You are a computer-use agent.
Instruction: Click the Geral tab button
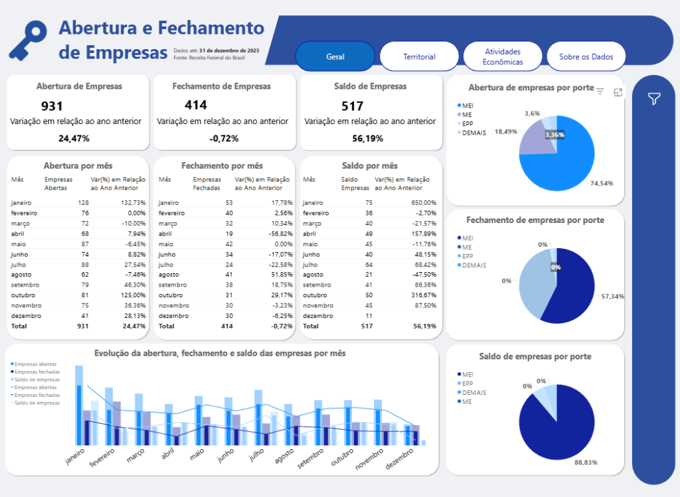[335, 56]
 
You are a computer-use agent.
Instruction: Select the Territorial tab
[419, 56]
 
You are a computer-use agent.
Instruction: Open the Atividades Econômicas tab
[503, 56]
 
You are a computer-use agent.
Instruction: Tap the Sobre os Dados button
[586, 56]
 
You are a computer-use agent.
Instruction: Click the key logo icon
[28, 39]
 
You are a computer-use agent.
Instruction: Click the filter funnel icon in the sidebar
[654, 99]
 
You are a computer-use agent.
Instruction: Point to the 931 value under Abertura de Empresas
[52, 106]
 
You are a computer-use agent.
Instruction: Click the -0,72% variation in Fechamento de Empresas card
[224, 139]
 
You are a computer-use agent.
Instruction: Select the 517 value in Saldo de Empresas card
[352, 106]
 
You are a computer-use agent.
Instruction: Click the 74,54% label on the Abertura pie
[601, 183]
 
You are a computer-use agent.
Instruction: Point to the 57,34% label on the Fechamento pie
[612, 296]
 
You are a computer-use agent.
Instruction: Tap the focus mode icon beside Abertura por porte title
[618, 92]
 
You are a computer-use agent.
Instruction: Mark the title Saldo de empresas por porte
[535, 356]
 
